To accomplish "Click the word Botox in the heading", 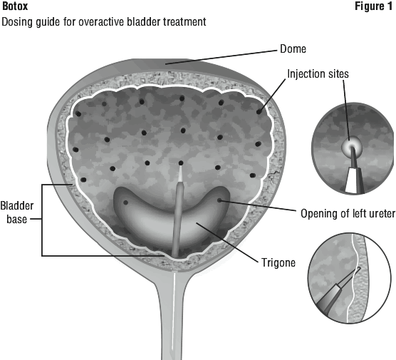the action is [x=15, y=6].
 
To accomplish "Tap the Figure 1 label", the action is [x=374, y=6].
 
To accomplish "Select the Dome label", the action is [x=293, y=48].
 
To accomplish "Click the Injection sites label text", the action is [x=318, y=74].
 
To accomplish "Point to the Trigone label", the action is [x=278, y=262].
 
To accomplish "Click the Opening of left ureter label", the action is [x=348, y=214].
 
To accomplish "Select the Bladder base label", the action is [x=17, y=212].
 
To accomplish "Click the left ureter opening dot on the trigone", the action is [x=219, y=200].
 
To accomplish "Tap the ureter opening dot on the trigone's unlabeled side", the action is [x=125, y=202].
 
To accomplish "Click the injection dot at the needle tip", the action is [x=181, y=163].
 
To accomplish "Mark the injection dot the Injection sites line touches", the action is [x=259, y=111].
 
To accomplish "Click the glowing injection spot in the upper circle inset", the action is [x=352, y=145].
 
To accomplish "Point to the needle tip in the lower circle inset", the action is [x=359, y=268].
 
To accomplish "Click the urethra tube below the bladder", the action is [x=174, y=316].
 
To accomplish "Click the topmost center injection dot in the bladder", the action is [x=182, y=98].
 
